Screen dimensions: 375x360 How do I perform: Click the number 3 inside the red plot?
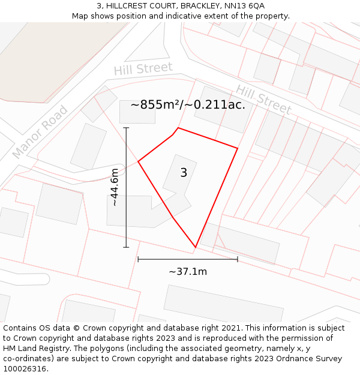pyautogui.click(x=184, y=173)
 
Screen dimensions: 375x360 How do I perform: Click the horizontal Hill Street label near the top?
pyautogui.click(x=143, y=69)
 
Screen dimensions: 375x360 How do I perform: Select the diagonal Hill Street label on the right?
pyautogui.click(x=263, y=100)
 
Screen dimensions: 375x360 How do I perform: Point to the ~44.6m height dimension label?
pyautogui.click(x=115, y=187)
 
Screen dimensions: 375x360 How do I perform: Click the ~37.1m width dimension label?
pyautogui.click(x=188, y=272)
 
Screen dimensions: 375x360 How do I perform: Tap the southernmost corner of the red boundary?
pyautogui.click(x=196, y=247)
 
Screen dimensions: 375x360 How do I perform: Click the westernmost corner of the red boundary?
pyautogui.click(x=139, y=161)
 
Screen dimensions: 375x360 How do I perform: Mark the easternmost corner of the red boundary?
pyautogui.click(x=238, y=148)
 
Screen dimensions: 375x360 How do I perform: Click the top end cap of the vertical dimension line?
pyautogui.click(x=126, y=128)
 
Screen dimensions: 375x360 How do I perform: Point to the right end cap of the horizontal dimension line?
pyautogui.click(x=238, y=259)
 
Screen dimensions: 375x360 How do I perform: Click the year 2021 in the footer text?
pyautogui.click(x=232, y=328)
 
